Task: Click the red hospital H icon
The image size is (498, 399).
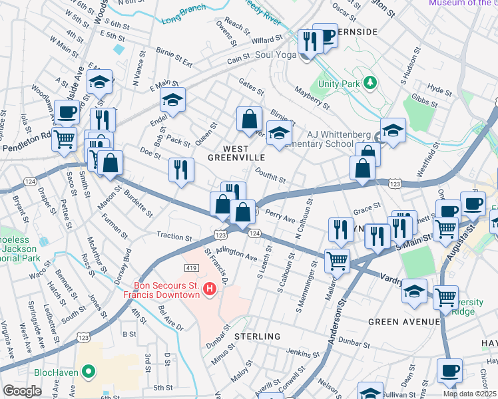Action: coord(209,288)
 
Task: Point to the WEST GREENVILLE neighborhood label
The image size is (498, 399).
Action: coord(235,152)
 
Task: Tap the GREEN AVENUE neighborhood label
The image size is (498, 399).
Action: coord(404,322)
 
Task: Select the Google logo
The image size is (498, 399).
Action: coord(23,391)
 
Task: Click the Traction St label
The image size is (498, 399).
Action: coord(174,235)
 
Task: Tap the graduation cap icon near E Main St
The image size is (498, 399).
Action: coord(172,100)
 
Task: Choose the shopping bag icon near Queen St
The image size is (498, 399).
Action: coord(249,120)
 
